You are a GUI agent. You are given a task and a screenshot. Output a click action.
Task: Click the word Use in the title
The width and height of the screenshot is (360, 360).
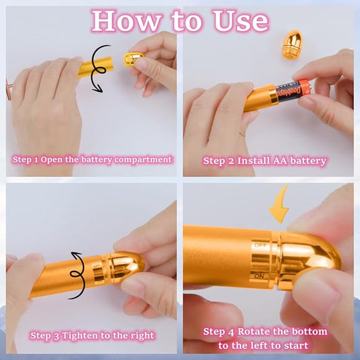pos(238,20)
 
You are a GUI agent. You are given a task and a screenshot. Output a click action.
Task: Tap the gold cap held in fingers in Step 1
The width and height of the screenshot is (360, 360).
pos(132,60)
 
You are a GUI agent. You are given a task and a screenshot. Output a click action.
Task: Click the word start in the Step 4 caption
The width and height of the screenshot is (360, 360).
pos(296,345)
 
